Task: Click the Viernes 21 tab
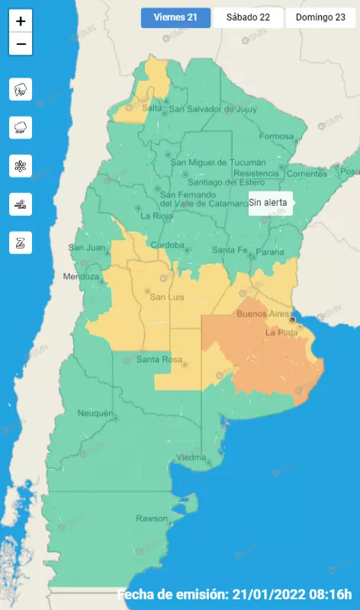click(x=175, y=18)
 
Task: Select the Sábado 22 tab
click(x=247, y=18)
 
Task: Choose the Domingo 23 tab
click(x=320, y=18)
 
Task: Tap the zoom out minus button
click(x=21, y=44)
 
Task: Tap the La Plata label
click(x=281, y=333)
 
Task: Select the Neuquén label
click(x=95, y=413)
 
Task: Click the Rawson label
click(x=151, y=518)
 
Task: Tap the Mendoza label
click(x=82, y=276)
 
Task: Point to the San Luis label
click(x=167, y=296)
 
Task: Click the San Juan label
click(x=85, y=248)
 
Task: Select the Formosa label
click(x=275, y=136)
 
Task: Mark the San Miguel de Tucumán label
click(x=218, y=162)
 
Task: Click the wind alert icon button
click(x=21, y=204)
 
